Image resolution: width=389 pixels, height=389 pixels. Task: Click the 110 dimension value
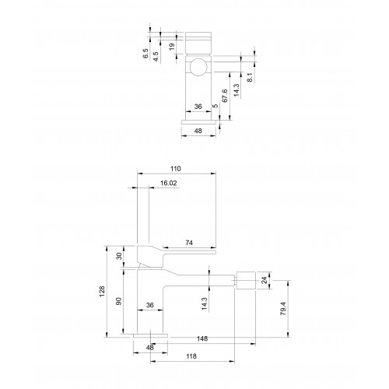coord(176,169)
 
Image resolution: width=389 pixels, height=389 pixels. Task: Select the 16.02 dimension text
coord(169,183)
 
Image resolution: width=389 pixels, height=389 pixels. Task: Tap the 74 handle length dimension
coord(189,243)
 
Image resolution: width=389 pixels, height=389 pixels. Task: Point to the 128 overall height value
coord(102,292)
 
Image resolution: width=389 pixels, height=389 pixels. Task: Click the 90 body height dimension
coord(118,301)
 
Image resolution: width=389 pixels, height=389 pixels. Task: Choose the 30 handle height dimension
coord(119,256)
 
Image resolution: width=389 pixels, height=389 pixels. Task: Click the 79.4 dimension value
coord(283,309)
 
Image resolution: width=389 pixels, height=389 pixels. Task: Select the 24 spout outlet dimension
coord(264,280)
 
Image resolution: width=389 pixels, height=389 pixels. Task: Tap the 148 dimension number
coord(202,338)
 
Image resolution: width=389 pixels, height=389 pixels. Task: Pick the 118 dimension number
coord(191,356)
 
